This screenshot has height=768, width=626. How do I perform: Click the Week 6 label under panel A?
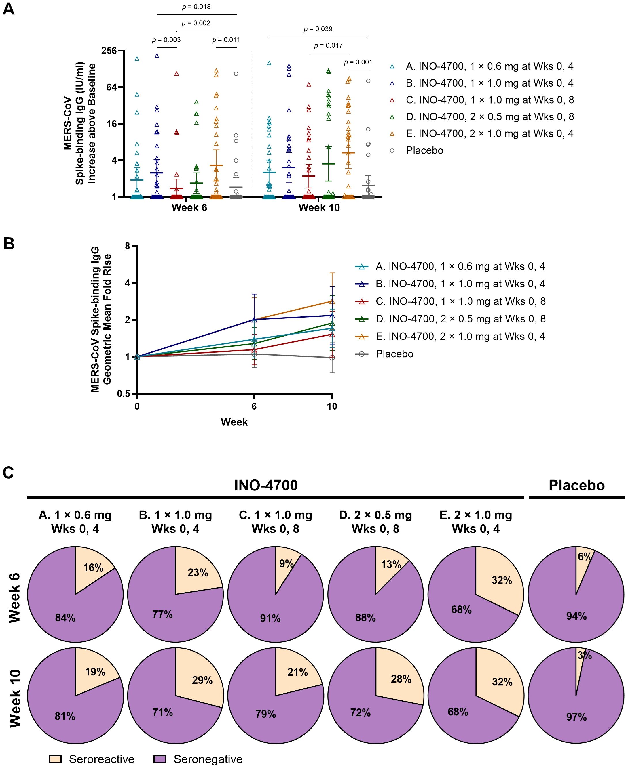pos(189,208)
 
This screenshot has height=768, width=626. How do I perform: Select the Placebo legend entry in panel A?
pos(424,150)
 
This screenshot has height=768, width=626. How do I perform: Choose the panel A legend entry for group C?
pos(489,100)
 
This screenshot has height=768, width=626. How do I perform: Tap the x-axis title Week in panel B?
pos(234,422)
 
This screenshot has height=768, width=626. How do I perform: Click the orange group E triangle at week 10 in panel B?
pos(332,301)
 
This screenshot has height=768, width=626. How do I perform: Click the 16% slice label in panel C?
pos(93,568)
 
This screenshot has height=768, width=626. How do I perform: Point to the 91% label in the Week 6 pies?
pos(270,618)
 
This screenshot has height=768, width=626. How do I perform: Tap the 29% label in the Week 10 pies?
pos(202,680)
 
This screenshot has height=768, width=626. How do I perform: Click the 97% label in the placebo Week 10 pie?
pos(576,717)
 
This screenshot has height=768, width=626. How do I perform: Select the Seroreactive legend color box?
pos(55,759)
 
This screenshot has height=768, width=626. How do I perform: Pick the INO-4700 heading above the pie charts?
pos(266,486)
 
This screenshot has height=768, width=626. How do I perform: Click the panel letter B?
pos(9,244)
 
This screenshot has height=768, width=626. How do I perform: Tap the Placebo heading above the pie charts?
pos(576,486)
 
